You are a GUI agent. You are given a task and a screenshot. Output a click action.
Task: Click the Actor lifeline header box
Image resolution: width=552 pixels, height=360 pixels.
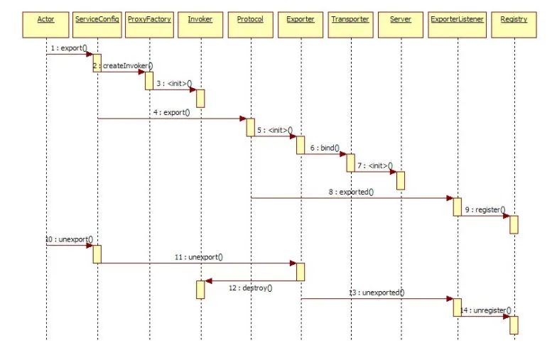[46, 18]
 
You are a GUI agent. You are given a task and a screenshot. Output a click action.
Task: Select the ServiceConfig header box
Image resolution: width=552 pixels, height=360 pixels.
[97, 18]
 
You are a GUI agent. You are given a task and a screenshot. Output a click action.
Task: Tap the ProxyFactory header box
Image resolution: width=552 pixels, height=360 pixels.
[148, 18]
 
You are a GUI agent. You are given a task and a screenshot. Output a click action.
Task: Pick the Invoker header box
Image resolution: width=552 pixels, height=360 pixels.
[200, 18]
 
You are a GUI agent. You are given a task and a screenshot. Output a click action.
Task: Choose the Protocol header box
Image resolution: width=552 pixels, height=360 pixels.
[250, 18]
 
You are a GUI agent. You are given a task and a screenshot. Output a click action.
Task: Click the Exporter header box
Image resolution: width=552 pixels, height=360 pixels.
[300, 18]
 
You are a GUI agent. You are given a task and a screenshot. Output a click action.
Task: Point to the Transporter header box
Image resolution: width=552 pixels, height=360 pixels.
[350, 18]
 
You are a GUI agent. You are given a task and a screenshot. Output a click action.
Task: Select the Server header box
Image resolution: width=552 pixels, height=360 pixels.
[401, 18]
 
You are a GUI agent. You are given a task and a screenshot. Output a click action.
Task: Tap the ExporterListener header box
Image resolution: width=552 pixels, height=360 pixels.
[458, 18]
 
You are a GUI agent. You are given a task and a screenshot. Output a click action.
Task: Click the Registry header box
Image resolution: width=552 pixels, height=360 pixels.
[514, 18]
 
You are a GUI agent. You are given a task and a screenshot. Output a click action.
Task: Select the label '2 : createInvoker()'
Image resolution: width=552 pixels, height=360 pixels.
[123, 65]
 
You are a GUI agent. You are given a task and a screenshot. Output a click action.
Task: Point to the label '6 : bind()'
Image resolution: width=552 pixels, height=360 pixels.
[325, 148]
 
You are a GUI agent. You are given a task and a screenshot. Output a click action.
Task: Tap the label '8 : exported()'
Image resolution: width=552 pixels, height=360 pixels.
[351, 192]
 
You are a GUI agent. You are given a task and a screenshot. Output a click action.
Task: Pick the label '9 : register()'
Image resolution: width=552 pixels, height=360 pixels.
[485, 209]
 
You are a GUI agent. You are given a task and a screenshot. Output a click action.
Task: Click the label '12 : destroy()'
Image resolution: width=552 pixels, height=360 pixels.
[251, 288]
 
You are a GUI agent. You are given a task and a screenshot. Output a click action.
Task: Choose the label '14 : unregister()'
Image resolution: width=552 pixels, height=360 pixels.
[486, 310]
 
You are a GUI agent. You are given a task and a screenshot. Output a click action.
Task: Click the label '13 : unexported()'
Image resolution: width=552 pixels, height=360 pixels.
[376, 292]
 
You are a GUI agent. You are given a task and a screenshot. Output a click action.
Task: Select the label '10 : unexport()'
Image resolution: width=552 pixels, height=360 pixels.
[69, 239]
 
